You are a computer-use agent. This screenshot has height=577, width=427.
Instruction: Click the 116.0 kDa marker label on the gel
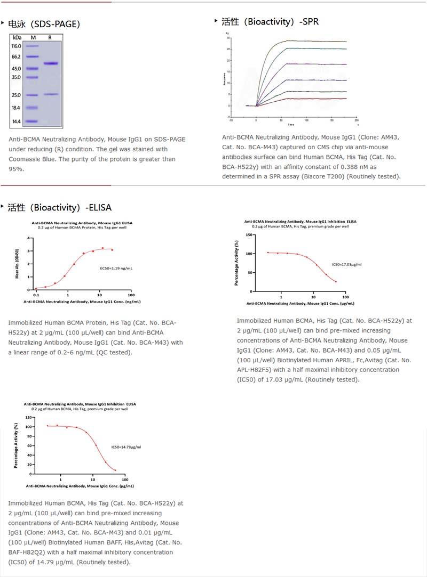click(x=17, y=46)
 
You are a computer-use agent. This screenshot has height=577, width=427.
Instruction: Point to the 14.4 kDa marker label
click(x=17, y=121)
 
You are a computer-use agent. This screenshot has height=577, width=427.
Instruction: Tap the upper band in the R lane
click(x=51, y=64)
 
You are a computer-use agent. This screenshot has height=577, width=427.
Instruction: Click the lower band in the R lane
click(x=51, y=94)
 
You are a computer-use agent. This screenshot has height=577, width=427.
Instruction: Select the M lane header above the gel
click(x=33, y=37)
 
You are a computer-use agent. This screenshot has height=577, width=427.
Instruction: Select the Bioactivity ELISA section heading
click(x=59, y=207)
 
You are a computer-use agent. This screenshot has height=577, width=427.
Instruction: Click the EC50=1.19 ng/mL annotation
click(x=116, y=268)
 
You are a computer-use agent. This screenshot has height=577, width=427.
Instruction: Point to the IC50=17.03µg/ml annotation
click(x=343, y=264)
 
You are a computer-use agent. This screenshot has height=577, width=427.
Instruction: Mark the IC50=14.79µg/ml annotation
click(x=126, y=447)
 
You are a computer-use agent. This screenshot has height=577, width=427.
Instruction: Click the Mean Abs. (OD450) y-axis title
click(x=18, y=264)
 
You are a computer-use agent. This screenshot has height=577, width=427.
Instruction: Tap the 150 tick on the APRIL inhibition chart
click(x=249, y=235)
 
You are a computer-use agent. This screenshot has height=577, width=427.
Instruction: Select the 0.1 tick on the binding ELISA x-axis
click(x=36, y=295)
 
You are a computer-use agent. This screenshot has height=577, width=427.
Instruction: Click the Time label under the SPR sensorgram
click(x=291, y=125)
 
